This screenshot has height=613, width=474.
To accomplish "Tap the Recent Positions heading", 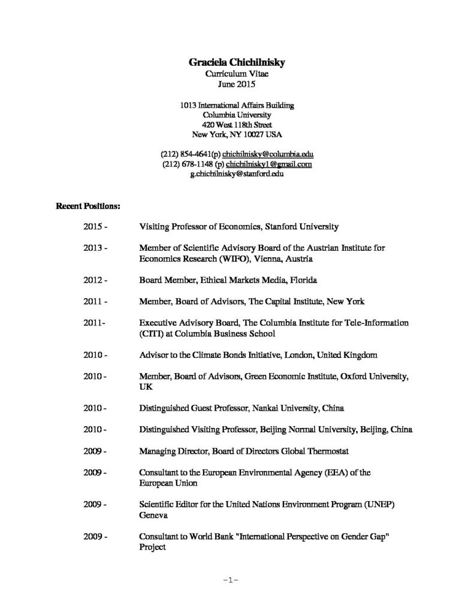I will pos(88,206).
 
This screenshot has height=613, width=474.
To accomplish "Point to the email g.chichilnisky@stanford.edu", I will pos(237,173).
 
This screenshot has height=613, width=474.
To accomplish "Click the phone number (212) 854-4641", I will pos(188,154).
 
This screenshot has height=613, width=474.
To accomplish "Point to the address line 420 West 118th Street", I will pos(237,125).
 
